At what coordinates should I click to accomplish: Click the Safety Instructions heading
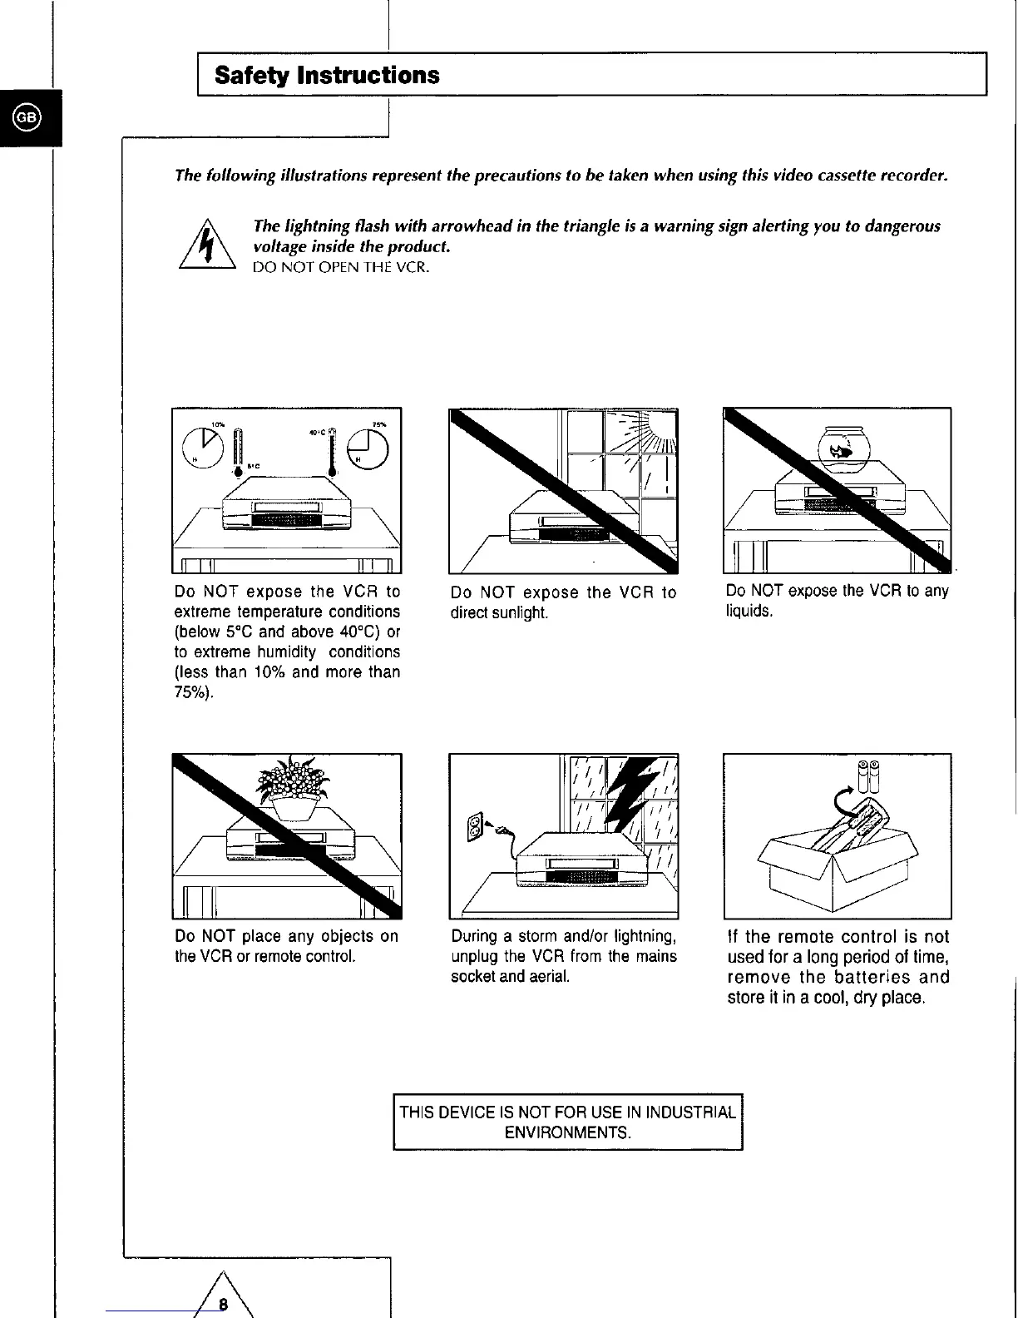(327, 75)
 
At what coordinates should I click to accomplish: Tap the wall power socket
(475, 828)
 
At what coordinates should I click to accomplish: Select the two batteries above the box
(869, 775)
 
